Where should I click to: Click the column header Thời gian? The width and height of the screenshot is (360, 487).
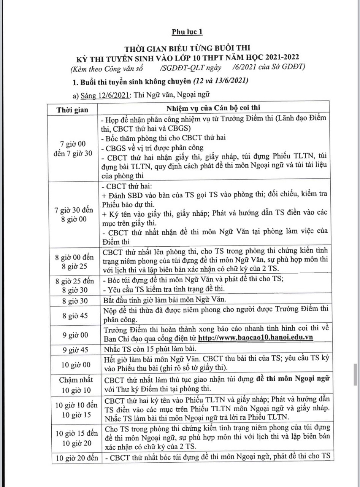click(72, 110)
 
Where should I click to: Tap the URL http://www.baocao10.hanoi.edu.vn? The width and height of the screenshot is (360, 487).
click(257, 338)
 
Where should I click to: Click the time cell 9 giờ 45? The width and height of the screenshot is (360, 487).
click(76, 349)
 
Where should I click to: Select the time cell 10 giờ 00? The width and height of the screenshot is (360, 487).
click(76, 364)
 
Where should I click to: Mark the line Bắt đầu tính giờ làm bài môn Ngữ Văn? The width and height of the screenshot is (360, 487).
click(167, 299)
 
